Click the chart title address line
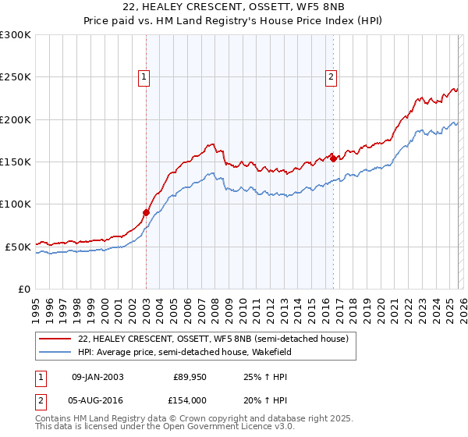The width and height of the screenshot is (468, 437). (233, 7)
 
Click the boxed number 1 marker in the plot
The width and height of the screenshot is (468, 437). (145, 76)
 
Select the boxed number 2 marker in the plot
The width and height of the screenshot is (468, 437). (332, 76)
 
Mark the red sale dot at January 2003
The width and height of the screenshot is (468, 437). (146, 212)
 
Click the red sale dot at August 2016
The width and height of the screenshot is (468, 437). (333, 158)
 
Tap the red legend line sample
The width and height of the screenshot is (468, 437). (56, 339)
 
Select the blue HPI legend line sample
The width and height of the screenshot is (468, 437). (56, 352)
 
